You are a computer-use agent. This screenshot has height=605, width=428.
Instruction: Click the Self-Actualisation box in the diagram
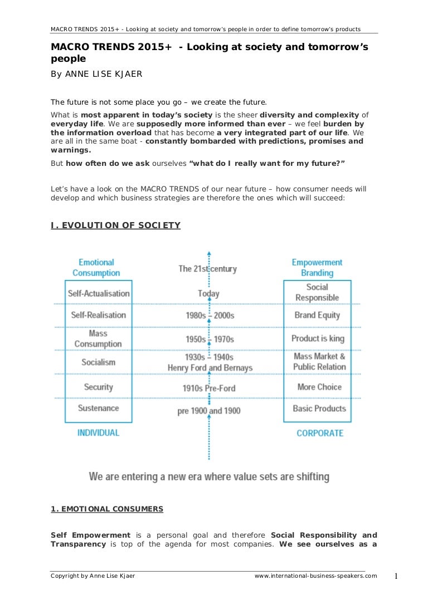click(99, 293)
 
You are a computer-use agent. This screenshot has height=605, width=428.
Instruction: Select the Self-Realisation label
click(99, 315)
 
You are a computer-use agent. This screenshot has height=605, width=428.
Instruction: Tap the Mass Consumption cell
click(98, 338)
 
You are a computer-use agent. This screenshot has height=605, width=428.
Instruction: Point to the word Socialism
click(99, 362)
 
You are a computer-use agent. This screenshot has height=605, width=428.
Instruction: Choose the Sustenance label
click(99, 408)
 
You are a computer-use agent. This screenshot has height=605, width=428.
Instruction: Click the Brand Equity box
click(317, 315)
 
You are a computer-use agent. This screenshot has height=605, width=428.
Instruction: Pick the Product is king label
click(318, 338)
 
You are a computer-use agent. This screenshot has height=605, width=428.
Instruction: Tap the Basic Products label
click(319, 408)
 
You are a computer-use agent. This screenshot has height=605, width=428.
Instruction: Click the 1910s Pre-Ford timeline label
click(209, 388)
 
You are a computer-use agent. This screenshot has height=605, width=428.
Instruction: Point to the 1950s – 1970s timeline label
click(210, 339)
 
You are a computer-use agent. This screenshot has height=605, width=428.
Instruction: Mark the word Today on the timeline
click(208, 293)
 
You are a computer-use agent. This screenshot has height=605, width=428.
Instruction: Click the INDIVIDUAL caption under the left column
click(98, 432)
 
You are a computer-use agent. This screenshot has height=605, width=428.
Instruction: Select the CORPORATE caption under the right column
click(320, 433)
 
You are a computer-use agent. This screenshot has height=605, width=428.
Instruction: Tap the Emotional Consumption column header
click(96, 268)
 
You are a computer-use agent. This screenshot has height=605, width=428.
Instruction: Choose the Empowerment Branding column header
click(317, 268)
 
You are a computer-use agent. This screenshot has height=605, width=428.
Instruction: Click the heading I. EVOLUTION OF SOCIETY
click(115, 225)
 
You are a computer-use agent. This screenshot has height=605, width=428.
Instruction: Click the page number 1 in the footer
click(396, 576)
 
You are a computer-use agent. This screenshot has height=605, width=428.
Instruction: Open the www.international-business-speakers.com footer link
click(315, 576)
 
